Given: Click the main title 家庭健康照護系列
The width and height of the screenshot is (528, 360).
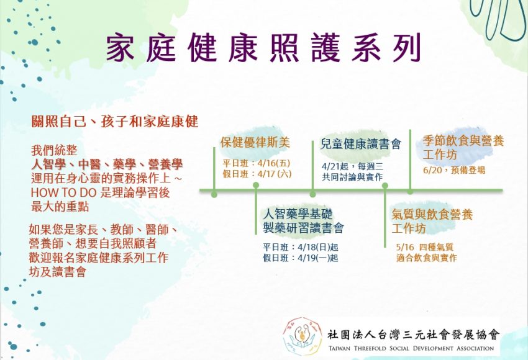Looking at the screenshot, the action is point(263,47).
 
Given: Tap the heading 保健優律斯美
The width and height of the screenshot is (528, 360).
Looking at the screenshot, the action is point(255,142).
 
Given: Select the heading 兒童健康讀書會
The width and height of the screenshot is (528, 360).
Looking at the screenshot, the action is point(361,144).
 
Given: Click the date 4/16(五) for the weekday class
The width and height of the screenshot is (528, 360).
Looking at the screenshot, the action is point(274,163).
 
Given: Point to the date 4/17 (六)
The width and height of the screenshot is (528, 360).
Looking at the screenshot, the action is point(275,174).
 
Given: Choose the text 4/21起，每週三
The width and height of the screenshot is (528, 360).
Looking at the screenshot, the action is point(353,166).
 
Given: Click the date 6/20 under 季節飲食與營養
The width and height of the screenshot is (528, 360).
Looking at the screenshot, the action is point(432,170).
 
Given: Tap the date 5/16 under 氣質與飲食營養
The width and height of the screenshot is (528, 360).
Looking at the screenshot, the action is point(405,247).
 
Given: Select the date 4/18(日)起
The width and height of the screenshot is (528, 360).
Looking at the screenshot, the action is point(318,247).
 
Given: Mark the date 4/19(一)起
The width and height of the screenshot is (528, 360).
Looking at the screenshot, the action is point(318,258).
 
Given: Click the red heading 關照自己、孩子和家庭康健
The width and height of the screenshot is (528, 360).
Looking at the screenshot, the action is point(115,122).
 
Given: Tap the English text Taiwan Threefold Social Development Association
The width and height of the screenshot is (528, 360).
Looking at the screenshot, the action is point(411,348).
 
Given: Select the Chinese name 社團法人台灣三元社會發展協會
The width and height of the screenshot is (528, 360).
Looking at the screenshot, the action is point(414,335).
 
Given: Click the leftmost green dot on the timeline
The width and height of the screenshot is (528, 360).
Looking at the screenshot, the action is point(214,194).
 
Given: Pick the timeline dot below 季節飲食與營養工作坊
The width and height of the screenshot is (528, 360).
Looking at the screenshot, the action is point(410,191).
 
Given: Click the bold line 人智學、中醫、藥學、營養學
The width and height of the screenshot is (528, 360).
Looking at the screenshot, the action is point(107,164).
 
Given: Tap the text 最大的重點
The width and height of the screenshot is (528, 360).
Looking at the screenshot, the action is point(60,207).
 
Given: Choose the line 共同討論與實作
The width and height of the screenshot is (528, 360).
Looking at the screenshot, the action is point(352,177).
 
